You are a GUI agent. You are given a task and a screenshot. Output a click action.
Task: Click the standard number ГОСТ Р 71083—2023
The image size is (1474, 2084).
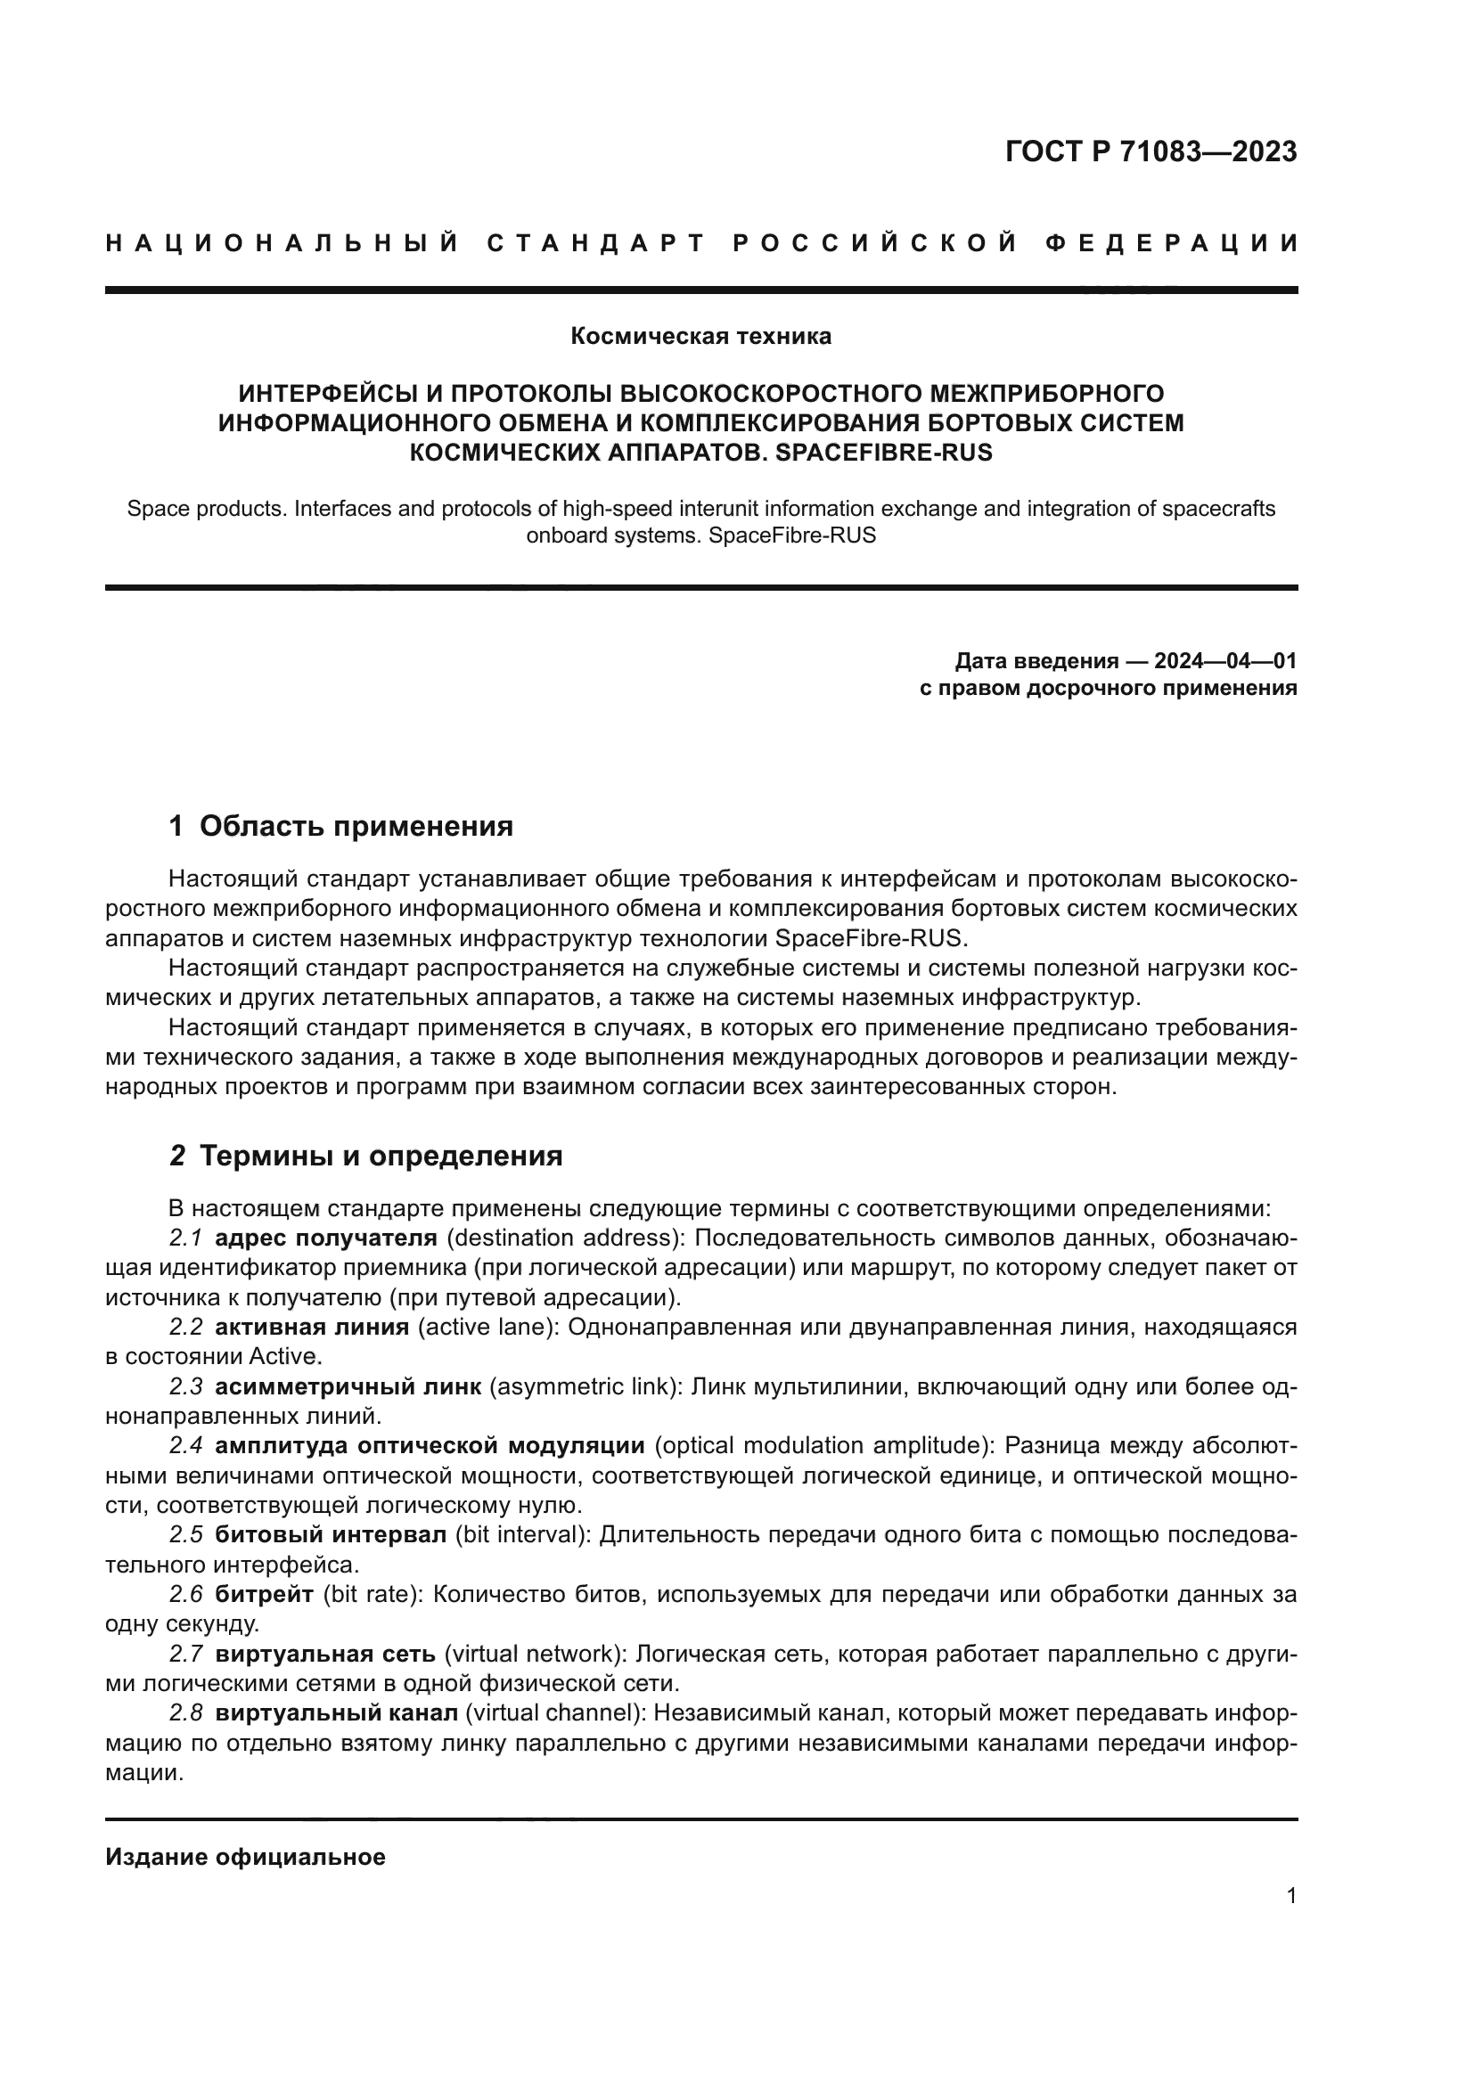click(1150, 151)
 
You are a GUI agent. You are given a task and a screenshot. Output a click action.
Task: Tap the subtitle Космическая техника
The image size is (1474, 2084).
click(700, 337)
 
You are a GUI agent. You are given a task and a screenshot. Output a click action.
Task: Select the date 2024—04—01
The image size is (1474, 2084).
click(1225, 661)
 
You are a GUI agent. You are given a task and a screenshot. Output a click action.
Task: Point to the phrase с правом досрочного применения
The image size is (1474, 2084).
click(1109, 688)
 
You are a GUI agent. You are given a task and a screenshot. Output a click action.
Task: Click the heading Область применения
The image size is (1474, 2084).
click(356, 826)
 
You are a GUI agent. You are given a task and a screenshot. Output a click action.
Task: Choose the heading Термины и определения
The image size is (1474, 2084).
click(381, 1156)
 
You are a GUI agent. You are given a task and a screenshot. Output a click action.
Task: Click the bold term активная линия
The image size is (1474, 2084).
click(311, 1327)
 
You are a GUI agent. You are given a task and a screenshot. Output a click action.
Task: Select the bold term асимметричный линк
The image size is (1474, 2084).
click(348, 1387)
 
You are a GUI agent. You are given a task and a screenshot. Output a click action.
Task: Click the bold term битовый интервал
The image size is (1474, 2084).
click(331, 1535)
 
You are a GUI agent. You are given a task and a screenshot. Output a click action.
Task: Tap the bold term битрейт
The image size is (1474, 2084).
click(264, 1594)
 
